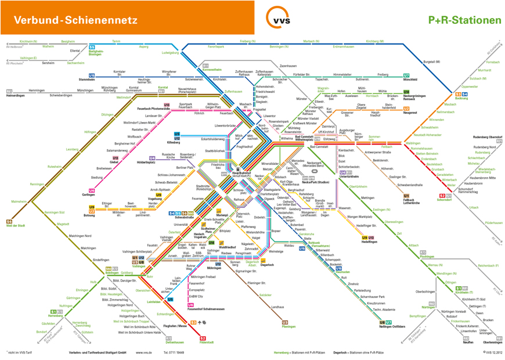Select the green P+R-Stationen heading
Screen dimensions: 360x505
[464, 20]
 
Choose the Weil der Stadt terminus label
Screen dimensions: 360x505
[17, 225]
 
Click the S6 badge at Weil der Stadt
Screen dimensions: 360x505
[9, 221]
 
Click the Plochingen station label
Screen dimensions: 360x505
[427, 256]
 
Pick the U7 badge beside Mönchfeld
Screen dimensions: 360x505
[406, 75]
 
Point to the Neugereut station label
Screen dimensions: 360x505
[410, 113]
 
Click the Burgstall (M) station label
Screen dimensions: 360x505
[432, 61]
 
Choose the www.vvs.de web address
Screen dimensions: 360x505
[143, 352]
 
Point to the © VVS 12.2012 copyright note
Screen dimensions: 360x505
[491, 352]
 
